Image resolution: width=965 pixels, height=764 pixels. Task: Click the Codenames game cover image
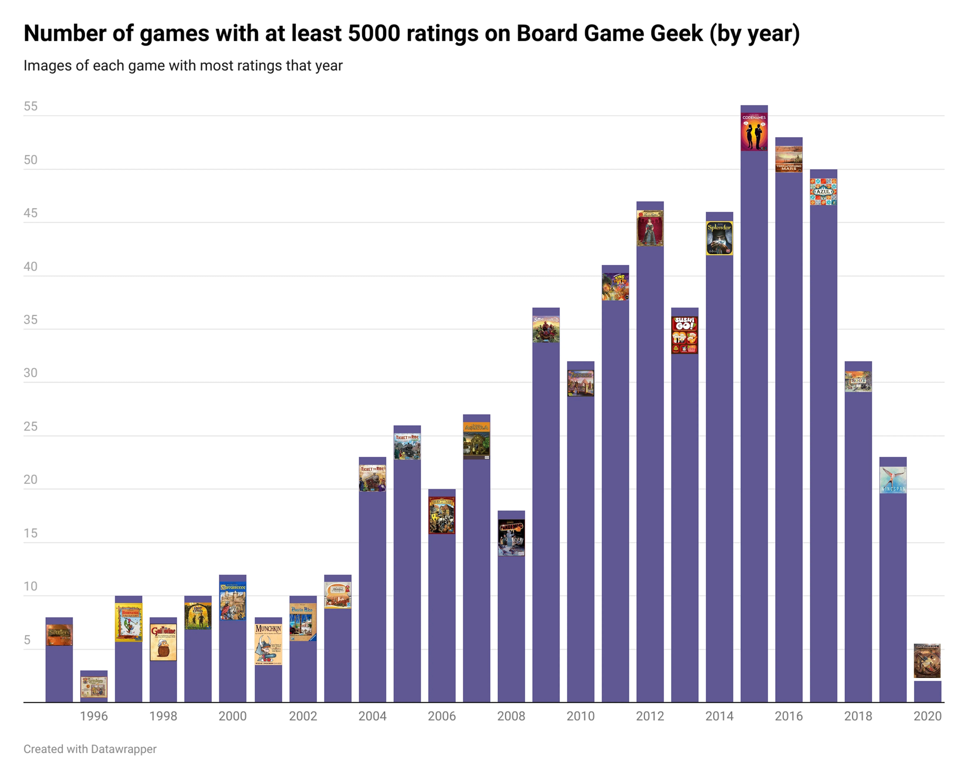[754, 132]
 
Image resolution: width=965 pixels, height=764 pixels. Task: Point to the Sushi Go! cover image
[685, 335]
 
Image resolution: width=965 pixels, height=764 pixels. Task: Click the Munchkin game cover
[268, 644]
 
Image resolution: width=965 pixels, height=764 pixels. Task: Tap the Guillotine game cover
[163, 642]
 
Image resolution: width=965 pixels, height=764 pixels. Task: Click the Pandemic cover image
[511, 538]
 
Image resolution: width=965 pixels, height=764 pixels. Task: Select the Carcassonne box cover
[233, 602]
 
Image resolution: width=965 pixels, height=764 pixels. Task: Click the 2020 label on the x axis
[927, 716]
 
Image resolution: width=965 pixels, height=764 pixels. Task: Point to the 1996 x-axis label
[94, 716]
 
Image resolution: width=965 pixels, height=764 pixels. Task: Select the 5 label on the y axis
[27, 640]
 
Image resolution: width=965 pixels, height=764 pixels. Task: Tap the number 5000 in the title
[374, 33]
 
